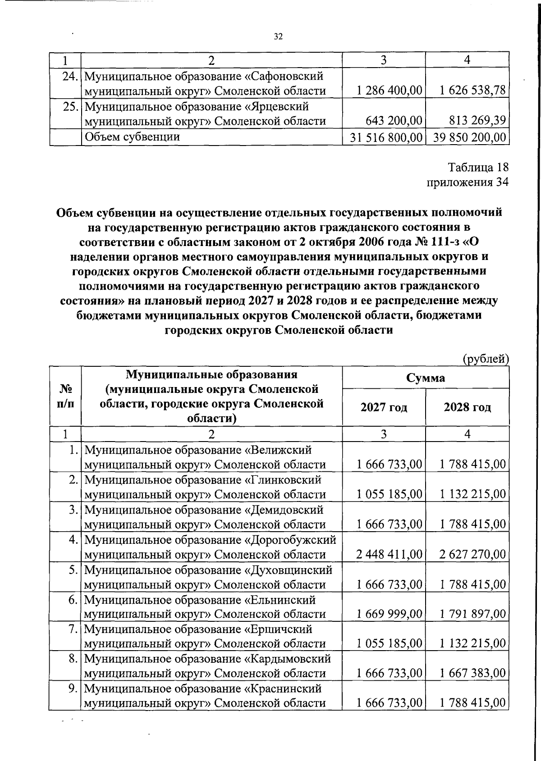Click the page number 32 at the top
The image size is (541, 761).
click(278, 37)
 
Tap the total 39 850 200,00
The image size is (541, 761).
click(469, 137)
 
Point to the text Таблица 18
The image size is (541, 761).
click(478, 167)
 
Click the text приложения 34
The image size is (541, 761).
click(468, 182)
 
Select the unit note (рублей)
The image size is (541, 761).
click(486, 359)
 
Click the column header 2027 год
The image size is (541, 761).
click(384, 407)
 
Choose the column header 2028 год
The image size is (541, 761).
click(468, 407)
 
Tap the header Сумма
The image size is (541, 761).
click(426, 378)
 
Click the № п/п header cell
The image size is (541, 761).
click(65, 395)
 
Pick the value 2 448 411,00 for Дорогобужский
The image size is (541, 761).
click(389, 554)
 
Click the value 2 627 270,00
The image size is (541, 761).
click(472, 554)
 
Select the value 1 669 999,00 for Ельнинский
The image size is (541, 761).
click(389, 614)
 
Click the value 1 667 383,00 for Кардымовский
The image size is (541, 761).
click(472, 674)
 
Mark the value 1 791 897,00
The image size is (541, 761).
click(472, 614)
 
